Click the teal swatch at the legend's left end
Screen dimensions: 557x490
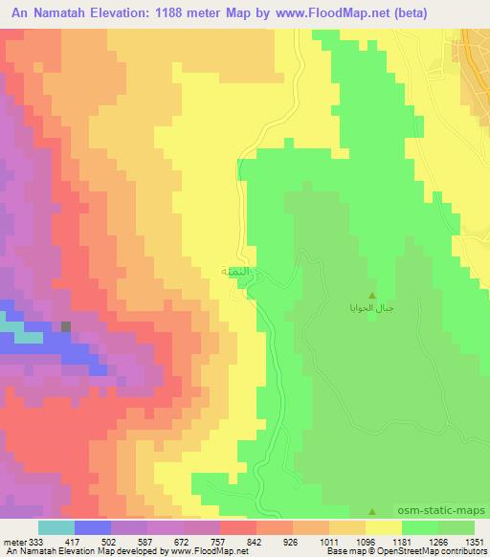56,526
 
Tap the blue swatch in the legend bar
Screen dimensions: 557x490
93,526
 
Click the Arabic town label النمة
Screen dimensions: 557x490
236,272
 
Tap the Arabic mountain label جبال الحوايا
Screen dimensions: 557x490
371,308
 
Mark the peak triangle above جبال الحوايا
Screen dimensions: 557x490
372,294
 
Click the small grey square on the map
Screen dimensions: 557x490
66,327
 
